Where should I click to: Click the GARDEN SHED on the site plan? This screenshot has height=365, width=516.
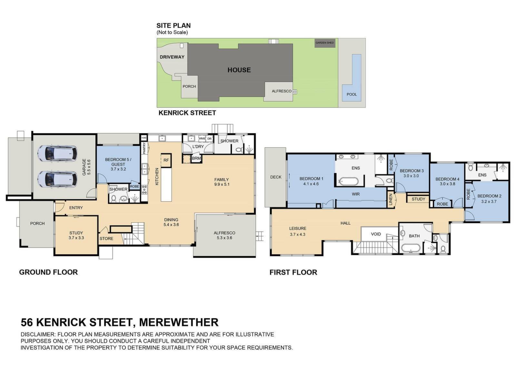(x=324, y=43)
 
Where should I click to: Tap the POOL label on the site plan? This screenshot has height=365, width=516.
(x=352, y=94)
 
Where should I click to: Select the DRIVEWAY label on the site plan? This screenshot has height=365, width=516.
(x=172, y=57)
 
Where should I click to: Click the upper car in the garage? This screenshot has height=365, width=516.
(x=57, y=153)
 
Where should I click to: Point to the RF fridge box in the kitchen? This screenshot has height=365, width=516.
(x=166, y=160)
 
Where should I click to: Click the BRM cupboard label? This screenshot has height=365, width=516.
(x=196, y=158)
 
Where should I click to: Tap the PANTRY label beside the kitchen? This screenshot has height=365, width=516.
(x=144, y=148)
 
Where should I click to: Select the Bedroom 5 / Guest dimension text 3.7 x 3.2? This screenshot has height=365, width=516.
(x=118, y=169)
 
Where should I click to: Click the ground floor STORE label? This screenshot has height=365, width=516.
(x=106, y=238)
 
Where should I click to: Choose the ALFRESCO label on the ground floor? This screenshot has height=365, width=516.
(x=224, y=233)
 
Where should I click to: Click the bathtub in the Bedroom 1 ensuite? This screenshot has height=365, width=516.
(x=348, y=181)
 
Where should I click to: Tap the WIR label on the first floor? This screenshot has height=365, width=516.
(x=356, y=194)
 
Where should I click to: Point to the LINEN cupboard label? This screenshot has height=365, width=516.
(x=391, y=199)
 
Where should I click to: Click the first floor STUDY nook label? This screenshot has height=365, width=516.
(x=418, y=199)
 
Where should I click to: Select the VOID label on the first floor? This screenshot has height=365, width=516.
(x=376, y=234)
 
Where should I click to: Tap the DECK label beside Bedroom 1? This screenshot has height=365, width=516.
(x=276, y=177)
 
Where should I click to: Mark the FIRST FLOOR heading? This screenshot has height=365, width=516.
(x=293, y=272)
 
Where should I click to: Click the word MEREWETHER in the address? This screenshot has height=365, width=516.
(x=179, y=322)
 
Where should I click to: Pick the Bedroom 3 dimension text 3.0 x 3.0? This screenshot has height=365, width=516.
(x=411, y=176)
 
